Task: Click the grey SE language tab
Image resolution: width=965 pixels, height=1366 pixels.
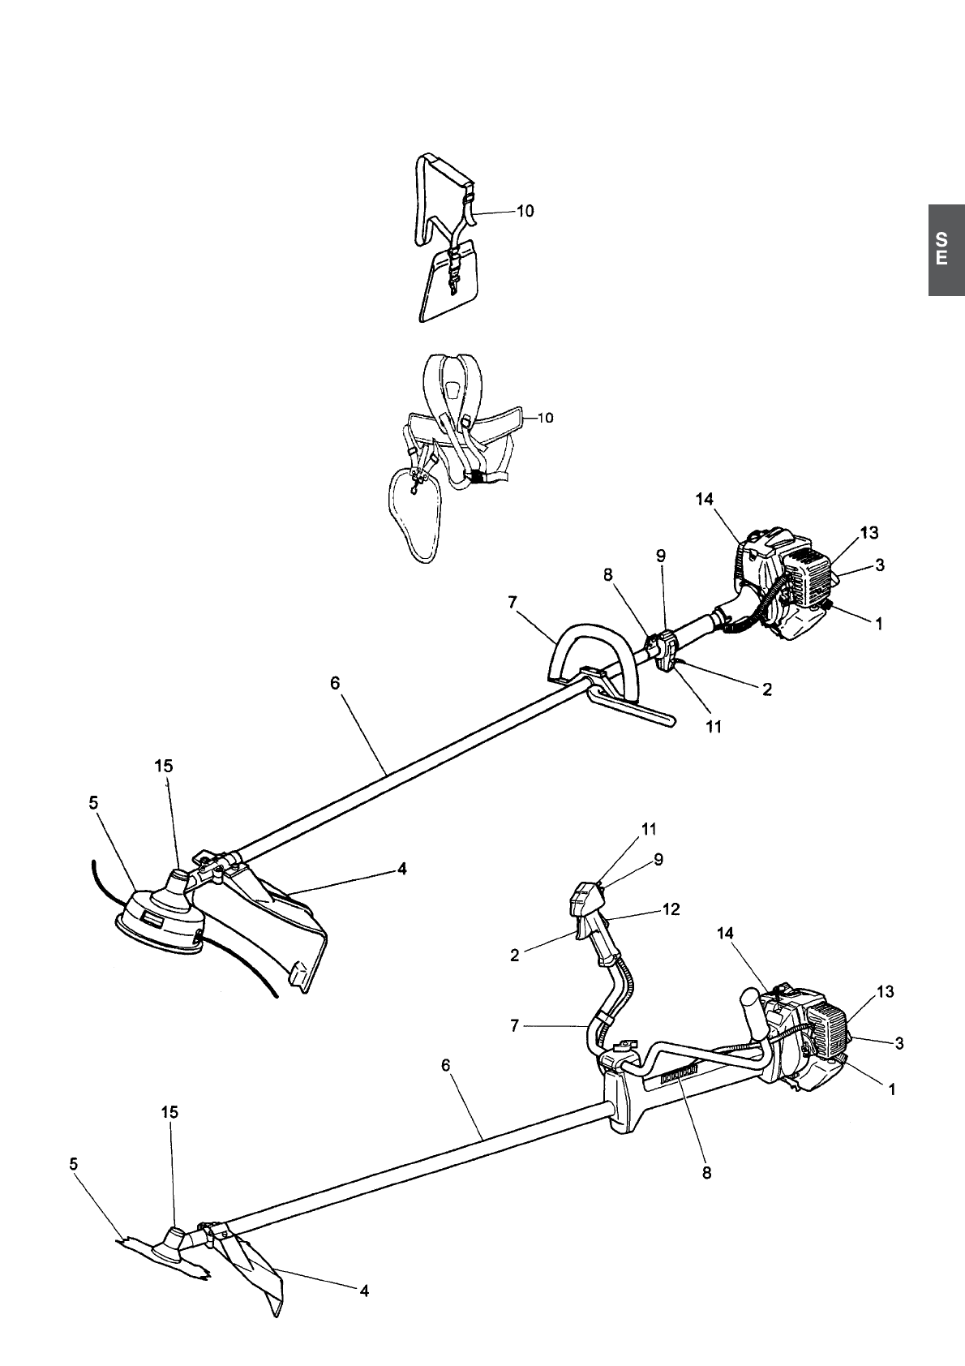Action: [946, 249]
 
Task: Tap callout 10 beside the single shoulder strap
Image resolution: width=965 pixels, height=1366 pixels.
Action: [525, 211]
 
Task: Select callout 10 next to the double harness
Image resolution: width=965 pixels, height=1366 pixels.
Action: [546, 419]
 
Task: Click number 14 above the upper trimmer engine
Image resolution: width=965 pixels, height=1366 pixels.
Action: [704, 500]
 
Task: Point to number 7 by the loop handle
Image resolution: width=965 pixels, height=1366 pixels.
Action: [513, 603]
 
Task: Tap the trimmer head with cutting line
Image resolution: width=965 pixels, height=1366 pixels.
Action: [161, 920]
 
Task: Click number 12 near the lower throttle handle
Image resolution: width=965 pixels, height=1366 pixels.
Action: [671, 909]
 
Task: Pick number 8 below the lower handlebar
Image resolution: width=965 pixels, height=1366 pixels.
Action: [706, 1172]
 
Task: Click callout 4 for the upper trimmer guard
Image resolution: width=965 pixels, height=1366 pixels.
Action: [401, 869]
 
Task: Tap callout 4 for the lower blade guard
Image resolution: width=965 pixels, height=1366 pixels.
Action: [364, 1291]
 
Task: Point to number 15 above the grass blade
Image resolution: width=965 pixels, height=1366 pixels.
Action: [169, 1112]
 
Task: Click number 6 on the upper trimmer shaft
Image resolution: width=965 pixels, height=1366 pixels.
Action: [335, 683]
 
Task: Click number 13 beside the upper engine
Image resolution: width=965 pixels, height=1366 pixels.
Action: [869, 533]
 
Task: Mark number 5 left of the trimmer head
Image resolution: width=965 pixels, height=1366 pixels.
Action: [93, 802]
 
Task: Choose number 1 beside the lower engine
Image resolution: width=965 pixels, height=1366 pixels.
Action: [892, 1090]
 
